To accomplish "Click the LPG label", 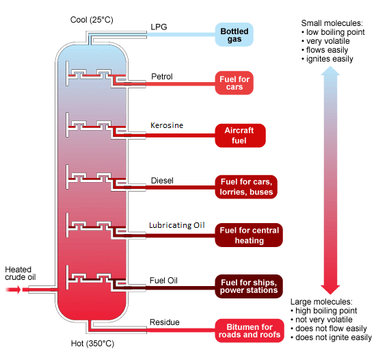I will [158, 28].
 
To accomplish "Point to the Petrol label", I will [162, 75].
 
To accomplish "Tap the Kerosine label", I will [167, 126].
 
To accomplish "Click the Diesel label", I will [162, 181].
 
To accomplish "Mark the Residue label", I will [164, 322].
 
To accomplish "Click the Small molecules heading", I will [332, 23].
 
